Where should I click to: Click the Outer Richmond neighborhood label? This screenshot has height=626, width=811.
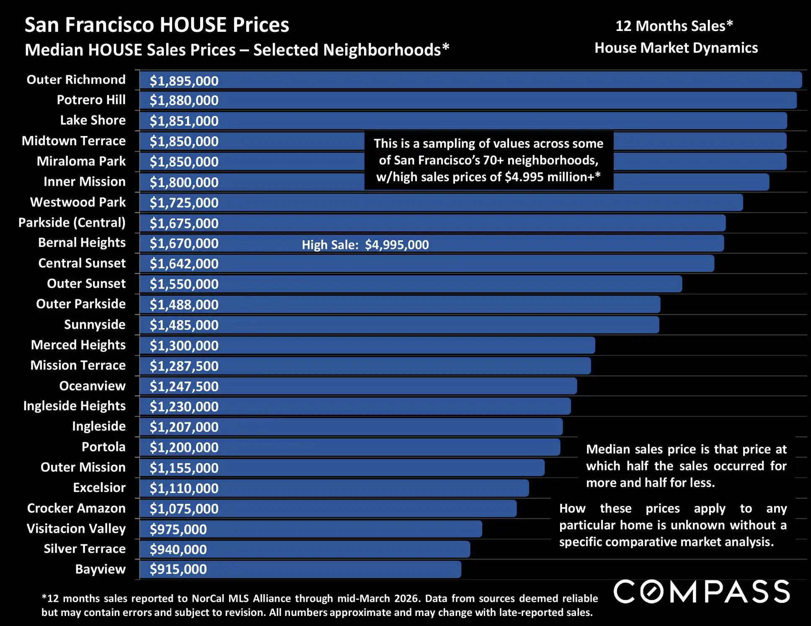point(76,80)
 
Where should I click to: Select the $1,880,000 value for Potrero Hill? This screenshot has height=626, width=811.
point(184,100)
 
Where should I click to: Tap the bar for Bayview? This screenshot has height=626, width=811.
point(335,570)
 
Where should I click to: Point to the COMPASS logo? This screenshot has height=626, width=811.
point(702,592)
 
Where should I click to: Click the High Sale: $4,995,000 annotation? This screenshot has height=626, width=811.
point(365,245)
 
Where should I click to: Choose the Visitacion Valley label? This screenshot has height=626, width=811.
point(76,529)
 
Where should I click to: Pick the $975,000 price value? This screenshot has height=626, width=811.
point(178,529)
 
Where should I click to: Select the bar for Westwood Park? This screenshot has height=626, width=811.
point(461,203)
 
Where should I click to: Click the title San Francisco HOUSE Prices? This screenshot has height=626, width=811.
point(157,25)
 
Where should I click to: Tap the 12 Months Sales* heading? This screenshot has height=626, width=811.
point(674,26)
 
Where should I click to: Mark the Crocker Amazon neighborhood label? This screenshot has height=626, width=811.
point(76,508)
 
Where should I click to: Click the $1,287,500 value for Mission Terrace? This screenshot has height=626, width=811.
point(184,366)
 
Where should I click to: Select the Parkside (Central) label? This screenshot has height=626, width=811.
point(72,223)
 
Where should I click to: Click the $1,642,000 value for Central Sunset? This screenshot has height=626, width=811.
point(184,264)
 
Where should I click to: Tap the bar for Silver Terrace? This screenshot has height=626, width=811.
point(335,549)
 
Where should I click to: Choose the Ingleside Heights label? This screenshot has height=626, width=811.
point(74,406)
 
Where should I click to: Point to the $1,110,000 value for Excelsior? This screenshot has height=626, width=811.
point(184,488)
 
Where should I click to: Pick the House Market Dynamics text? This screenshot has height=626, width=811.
point(676,48)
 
